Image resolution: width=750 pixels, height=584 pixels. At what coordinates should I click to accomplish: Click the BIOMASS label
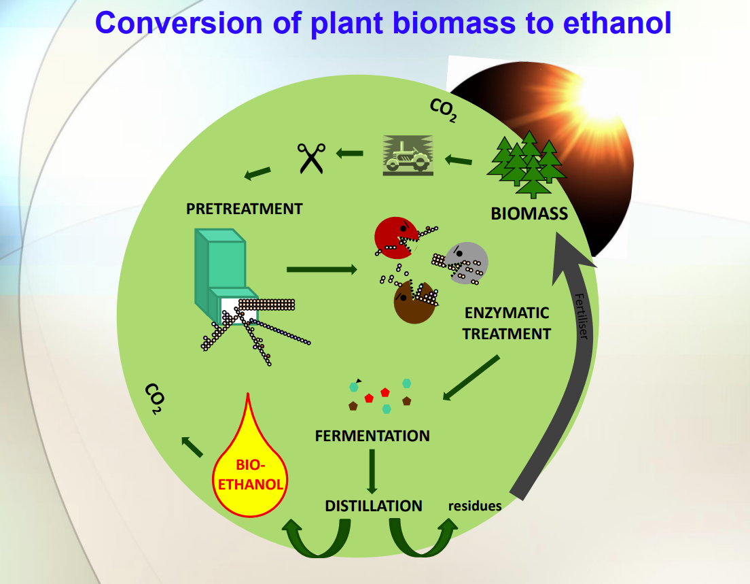529,213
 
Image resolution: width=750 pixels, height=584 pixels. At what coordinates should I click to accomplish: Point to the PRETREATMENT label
244,209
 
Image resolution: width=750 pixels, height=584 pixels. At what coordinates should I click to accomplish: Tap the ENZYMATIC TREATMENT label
506,324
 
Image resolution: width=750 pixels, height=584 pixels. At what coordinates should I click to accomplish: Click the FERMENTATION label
372,436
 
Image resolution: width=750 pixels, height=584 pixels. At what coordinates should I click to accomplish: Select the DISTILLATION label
374,506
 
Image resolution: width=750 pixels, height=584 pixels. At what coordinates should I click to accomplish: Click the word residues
475,506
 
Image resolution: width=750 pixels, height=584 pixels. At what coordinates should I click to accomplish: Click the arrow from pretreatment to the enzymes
321,270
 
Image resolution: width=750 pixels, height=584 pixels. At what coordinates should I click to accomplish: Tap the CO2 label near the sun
444,109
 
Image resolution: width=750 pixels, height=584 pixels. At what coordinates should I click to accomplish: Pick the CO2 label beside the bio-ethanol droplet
155,400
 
